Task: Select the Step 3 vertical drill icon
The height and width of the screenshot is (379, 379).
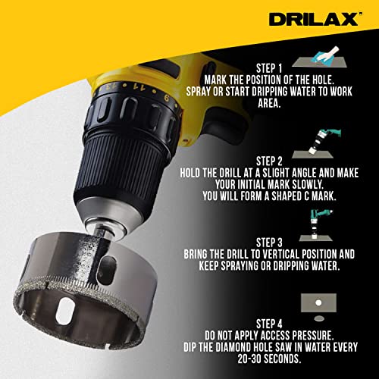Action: coord(317,220)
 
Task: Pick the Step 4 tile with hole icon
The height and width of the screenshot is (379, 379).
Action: coord(317,305)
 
